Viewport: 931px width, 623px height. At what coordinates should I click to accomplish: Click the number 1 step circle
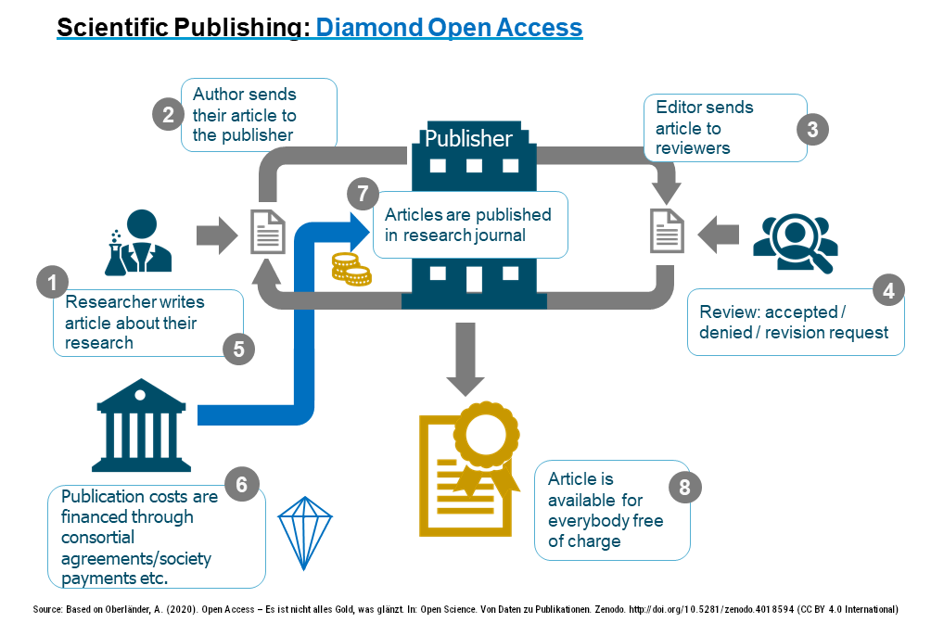[x=53, y=283]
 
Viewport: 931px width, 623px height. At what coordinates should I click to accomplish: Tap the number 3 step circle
[x=812, y=129]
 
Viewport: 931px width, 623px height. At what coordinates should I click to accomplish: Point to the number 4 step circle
[x=888, y=290]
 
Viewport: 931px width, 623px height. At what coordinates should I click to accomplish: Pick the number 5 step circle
[x=238, y=349]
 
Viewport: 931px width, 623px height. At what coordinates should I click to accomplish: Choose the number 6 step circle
[x=242, y=484]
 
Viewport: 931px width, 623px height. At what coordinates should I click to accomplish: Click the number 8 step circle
[x=684, y=489]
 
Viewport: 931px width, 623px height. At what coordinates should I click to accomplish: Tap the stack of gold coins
[x=351, y=270]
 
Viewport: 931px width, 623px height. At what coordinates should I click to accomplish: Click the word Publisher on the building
[x=468, y=139]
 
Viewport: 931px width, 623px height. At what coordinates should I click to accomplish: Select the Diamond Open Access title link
[x=449, y=28]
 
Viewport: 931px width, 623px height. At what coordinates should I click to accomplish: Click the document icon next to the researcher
[x=268, y=231]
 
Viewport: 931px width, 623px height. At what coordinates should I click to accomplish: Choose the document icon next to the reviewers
[x=667, y=231]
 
